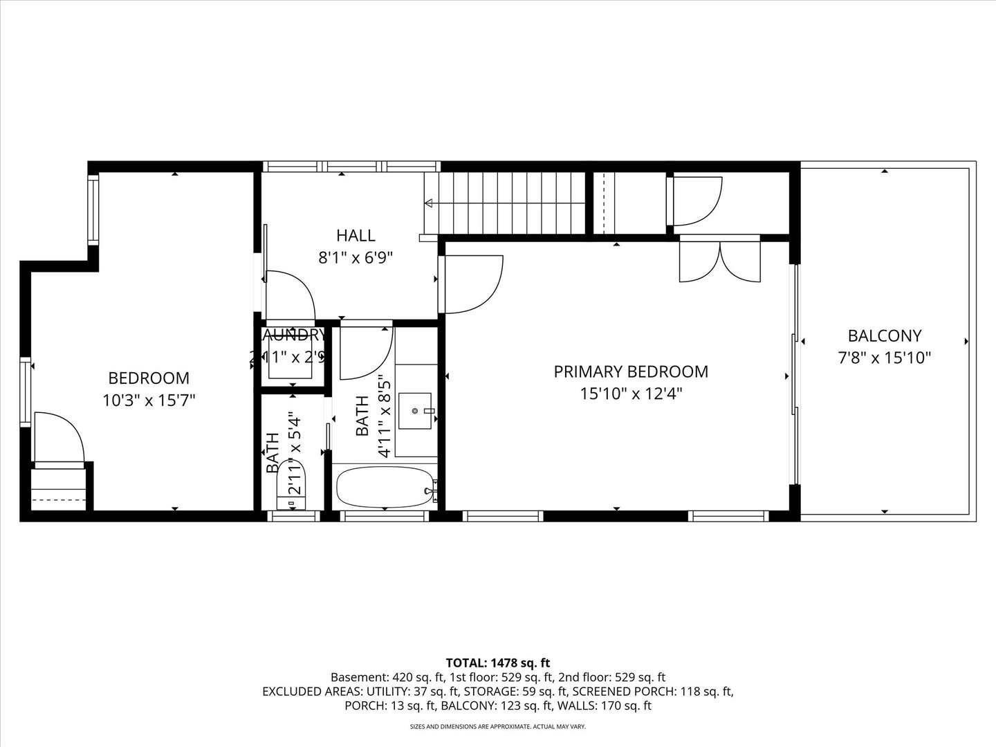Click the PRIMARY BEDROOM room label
(631, 371)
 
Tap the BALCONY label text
(885, 336)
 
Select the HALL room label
(356, 235)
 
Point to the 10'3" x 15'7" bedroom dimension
(149, 400)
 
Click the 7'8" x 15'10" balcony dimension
(885, 358)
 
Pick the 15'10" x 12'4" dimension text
(631, 394)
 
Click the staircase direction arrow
(429, 203)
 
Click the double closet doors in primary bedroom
(720, 261)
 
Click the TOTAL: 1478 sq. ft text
(498, 663)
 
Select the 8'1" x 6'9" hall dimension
(356, 258)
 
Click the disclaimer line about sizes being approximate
(498, 727)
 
